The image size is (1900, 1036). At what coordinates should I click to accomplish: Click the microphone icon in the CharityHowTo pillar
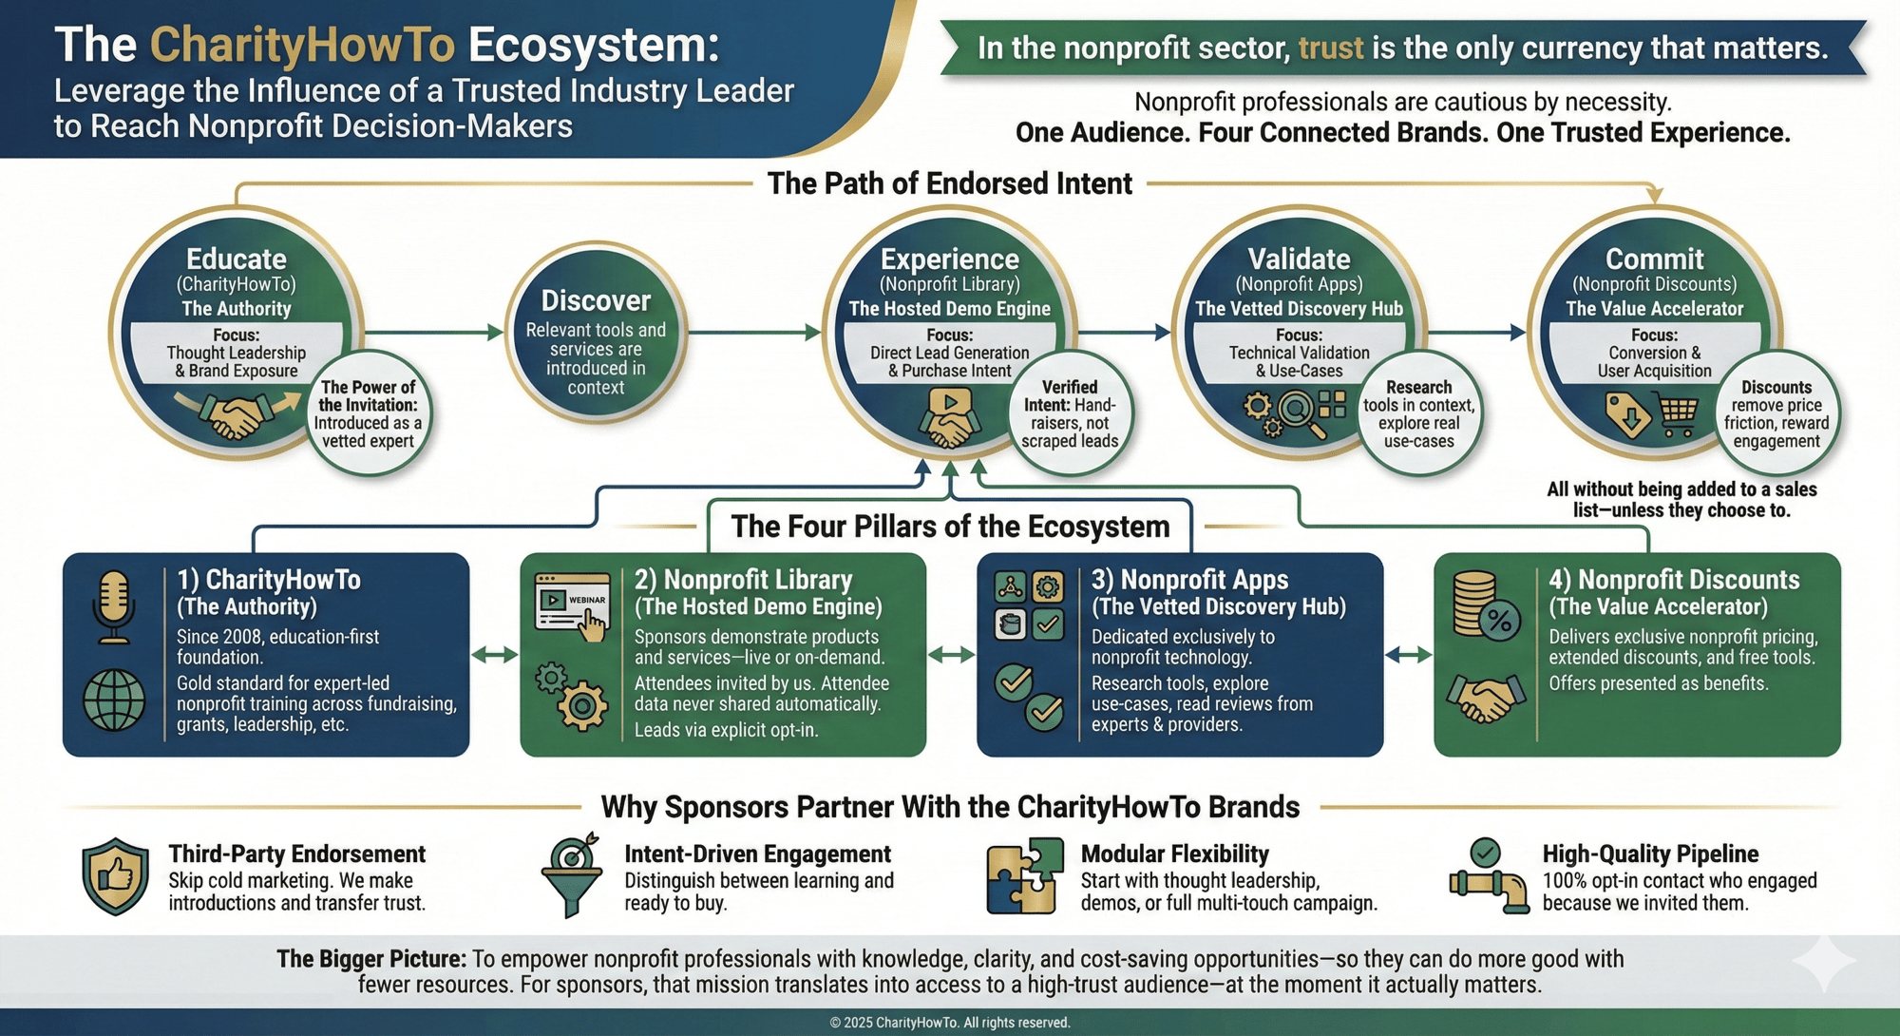(114, 606)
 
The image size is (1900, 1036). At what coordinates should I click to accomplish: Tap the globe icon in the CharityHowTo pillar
(114, 700)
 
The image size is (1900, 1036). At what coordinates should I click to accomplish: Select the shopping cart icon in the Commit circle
(1678, 415)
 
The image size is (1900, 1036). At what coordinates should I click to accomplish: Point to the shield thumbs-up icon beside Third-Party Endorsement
(115, 876)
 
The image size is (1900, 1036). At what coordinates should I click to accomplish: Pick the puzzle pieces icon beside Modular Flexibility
(1024, 876)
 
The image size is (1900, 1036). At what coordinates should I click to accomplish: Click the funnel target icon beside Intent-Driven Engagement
(572, 874)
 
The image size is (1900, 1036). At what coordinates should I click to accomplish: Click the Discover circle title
(596, 301)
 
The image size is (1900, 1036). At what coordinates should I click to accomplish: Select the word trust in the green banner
(1330, 48)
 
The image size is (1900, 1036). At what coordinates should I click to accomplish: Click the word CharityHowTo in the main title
(302, 45)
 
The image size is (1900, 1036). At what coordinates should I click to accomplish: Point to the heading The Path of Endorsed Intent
(949, 183)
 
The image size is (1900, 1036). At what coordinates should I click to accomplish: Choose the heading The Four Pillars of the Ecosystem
(950, 527)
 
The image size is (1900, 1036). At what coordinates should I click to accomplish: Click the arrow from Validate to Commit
(1476, 333)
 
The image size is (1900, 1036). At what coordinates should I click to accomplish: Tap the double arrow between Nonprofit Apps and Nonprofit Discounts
(1408, 655)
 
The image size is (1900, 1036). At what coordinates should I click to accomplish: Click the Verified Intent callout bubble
(1070, 413)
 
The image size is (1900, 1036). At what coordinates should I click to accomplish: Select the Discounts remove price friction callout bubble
(1776, 413)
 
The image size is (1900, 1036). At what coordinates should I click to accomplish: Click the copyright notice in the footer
(950, 1023)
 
